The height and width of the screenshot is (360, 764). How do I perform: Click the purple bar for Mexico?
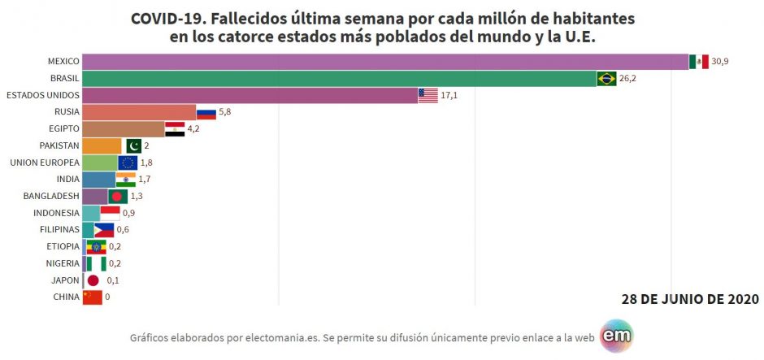click(x=385, y=62)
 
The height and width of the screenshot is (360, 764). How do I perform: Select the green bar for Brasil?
click(x=340, y=79)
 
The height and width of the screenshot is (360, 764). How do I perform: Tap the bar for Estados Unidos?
click(x=250, y=95)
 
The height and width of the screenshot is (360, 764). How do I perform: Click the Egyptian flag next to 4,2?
click(x=175, y=129)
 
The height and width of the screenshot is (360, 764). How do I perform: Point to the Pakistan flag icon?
click(x=133, y=145)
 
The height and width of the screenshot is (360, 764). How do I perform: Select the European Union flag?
click(x=128, y=163)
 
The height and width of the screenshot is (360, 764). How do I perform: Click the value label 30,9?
click(x=719, y=62)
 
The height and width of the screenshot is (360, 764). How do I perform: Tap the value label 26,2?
click(x=627, y=79)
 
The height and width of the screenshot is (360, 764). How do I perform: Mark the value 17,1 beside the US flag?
click(x=449, y=95)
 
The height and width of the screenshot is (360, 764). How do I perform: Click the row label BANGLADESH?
click(x=51, y=196)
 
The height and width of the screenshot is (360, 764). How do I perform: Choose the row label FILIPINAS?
click(x=59, y=229)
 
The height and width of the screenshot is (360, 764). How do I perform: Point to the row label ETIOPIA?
click(x=62, y=246)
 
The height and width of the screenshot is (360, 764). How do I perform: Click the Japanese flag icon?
click(x=93, y=280)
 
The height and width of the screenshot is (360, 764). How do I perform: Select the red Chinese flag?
click(x=93, y=297)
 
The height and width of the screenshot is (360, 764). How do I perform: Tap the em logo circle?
click(x=616, y=336)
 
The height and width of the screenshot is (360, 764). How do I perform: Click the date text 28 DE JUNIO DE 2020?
click(x=690, y=298)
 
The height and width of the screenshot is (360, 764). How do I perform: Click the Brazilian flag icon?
click(x=606, y=79)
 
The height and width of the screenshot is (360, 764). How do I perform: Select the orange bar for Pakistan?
click(x=102, y=145)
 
